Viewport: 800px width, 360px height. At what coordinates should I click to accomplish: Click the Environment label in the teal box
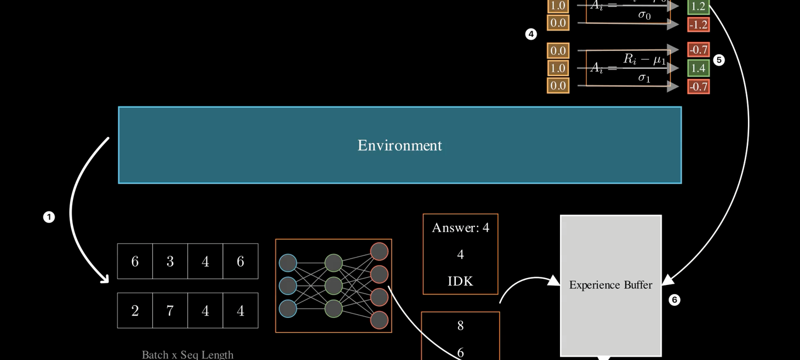[399, 146]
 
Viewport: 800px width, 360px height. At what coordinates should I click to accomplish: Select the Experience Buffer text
[610, 285]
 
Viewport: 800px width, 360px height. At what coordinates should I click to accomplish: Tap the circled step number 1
[49, 218]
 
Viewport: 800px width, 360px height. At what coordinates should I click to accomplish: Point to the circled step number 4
[530, 35]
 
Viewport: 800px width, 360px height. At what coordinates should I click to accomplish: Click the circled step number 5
[719, 60]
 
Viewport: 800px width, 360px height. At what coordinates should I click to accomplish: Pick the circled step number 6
[674, 300]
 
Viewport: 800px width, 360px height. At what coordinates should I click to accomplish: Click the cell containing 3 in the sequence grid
[170, 261]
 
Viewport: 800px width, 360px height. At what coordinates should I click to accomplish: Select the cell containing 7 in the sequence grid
[170, 311]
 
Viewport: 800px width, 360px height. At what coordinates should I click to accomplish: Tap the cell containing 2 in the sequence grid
[135, 311]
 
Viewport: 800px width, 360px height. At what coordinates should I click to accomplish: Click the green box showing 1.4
[698, 68]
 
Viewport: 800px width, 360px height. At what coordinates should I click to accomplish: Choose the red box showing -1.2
[698, 25]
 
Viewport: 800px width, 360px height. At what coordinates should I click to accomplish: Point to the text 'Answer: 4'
[460, 227]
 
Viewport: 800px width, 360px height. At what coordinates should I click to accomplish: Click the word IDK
[460, 281]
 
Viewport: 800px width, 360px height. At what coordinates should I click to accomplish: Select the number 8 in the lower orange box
[460, 326]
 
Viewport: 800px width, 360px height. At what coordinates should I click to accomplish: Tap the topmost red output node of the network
[379, 252]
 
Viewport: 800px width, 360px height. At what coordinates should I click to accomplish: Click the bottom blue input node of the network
[288, 308]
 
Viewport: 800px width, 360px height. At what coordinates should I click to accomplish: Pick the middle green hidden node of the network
[333, 285]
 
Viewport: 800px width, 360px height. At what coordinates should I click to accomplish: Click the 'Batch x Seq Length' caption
[187, 355]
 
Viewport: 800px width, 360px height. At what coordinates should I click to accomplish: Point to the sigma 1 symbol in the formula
[644, 78]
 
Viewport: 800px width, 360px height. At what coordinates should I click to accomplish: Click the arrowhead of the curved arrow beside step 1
[104, 279]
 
